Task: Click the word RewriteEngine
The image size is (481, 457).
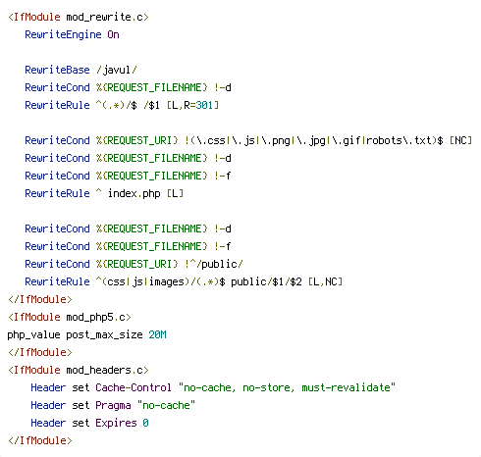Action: coord(63,34)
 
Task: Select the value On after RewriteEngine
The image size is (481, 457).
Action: coord(113,34)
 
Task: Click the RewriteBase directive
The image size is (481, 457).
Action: coord(57,70)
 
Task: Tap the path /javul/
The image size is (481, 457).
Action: coord(117,70)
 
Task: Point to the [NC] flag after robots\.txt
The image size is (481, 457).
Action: coord(460,140)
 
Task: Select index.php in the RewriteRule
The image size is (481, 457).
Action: coord(134,193)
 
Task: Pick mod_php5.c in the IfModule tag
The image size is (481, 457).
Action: coord(96,318)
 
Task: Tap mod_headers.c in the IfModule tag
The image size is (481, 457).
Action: coord(105,370)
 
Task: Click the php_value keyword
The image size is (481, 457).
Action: coord(33,335)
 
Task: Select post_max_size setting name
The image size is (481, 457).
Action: coord(104,335)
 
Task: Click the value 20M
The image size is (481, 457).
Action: coord(157,334)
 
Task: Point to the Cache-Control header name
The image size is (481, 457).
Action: coord(134,387)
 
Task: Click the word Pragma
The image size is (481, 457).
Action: coord(113,406)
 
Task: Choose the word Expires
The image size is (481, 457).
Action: coord(116,424)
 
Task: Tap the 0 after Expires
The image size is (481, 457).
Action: coord(145,423)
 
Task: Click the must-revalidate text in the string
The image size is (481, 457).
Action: coord(346,387)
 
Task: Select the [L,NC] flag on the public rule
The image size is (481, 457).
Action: coord(325,281)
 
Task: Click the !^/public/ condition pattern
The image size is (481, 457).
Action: coord(214,264)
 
